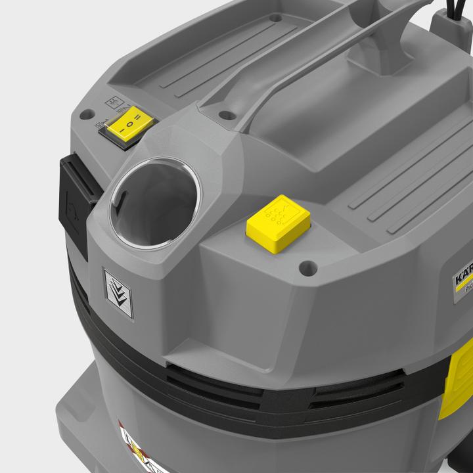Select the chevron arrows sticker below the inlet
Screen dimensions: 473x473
[118, 292]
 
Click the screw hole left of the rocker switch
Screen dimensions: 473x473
[84, 114]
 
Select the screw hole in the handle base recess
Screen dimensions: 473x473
[227, 116]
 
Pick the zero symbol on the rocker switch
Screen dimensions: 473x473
[131, 123]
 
